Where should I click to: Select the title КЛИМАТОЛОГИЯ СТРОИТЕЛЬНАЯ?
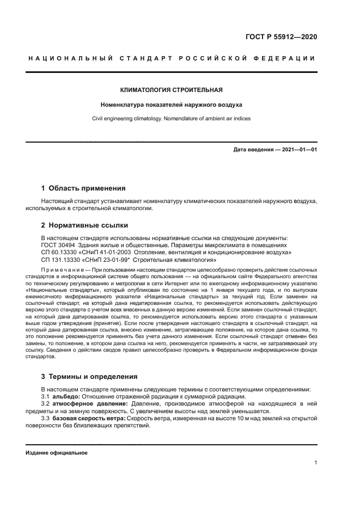[x=171, y=89]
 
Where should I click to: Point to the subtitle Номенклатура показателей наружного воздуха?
[x=171, y=104]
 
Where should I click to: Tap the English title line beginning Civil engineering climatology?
[x=171, y=118]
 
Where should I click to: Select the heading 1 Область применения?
[x=83, y=188]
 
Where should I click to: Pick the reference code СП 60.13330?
[x=59, y=253]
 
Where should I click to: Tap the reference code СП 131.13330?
[x=61, y=260]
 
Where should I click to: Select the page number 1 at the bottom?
[x=315, y=463]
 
